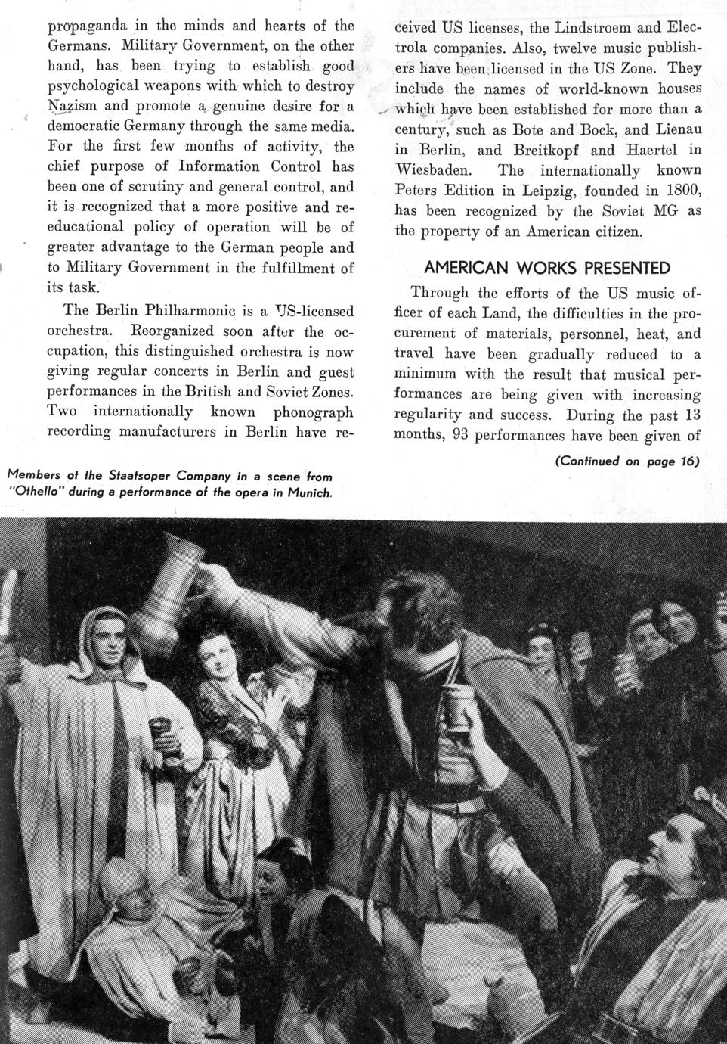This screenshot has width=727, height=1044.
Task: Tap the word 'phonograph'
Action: click(x=313, y=412)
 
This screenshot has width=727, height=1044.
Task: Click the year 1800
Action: click(x=682, y=191)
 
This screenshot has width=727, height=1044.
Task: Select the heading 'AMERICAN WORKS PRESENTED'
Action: click(x=547, y=268)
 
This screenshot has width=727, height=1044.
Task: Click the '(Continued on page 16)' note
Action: click(x=626, y=461)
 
